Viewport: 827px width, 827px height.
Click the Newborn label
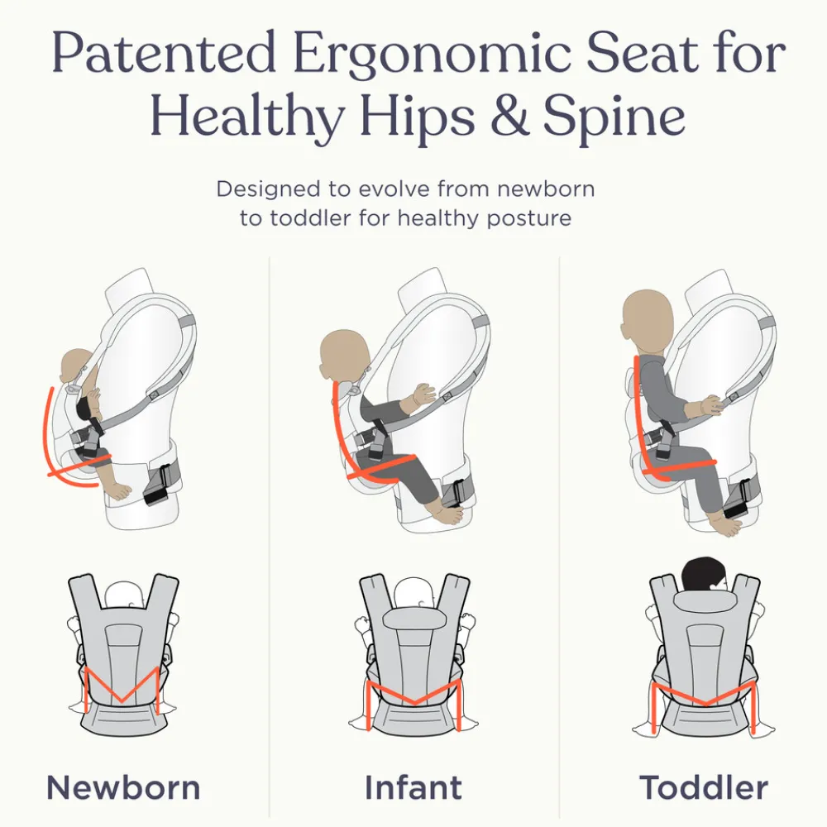tap(123, 786)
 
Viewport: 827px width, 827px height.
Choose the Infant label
tap(413, 786)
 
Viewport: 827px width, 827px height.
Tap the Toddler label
tap(704, 786)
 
